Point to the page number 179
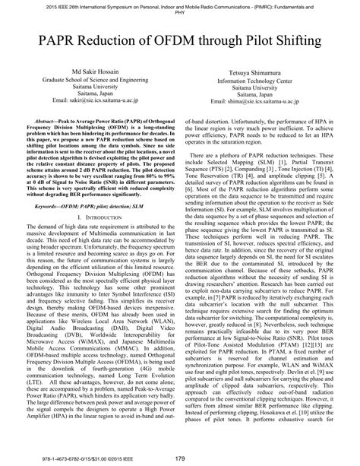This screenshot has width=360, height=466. pyautogui.click(x=180, y=457)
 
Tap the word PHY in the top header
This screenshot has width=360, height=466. pyautogui.click(x=180, y=12)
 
